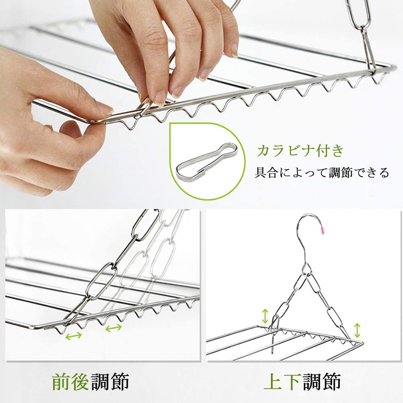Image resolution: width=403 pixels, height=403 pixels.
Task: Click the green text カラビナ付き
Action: click(300, 151)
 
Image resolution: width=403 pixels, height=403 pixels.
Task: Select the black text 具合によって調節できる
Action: click(322, 172)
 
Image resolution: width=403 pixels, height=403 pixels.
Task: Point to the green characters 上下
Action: click(283, 381)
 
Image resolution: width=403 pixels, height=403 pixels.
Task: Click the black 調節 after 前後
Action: click(110, 381)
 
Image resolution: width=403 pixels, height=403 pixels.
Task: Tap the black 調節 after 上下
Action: click(322, 381)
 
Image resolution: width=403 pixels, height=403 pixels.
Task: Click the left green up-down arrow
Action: click(265, 316)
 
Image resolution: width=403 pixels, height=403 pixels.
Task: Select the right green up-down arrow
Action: click(357, 331)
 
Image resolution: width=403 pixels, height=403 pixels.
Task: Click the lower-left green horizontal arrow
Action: click(74, 335)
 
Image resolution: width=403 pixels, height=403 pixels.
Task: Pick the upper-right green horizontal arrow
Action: click(114, 328)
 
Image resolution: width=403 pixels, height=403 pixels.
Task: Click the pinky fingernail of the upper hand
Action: click(234, 50)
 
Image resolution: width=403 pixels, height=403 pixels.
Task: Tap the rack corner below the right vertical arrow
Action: click(363, 343)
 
